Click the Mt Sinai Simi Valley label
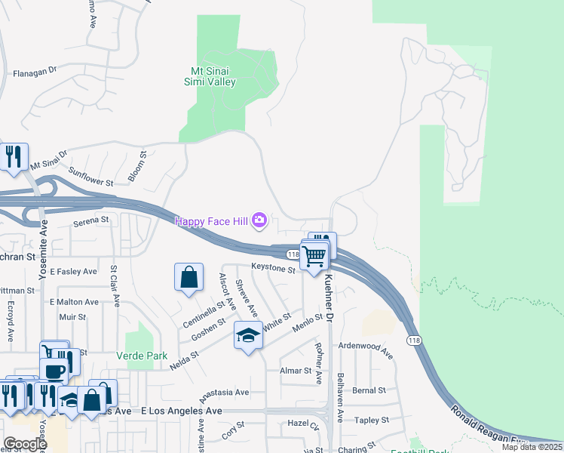click(210, 77)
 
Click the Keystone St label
click(274, 268)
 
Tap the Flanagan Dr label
click(35, 72)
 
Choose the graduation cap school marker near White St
click(248, 334)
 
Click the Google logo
click(25, 444)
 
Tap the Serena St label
click(91, 221)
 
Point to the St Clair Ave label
click(116, 285)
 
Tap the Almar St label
click(296, 371)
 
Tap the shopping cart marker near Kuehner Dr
click(314, 256)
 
